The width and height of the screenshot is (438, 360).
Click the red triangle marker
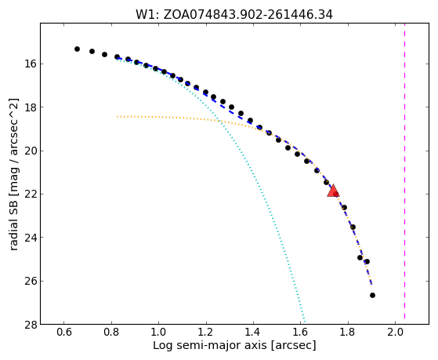click(333, 191)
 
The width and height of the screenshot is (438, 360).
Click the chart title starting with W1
click(234, 14)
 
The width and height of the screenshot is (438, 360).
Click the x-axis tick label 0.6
click(64, 333)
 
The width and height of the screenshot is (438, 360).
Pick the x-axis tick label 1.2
click(206, 333)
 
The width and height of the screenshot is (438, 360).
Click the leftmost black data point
click(77, 49)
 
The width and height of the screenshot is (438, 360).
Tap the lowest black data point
click(372, 295)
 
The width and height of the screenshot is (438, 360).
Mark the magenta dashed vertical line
click(404, 171)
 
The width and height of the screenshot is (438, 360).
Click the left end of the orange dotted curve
click(117, 116)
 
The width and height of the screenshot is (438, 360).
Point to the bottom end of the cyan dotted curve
click(305, 322)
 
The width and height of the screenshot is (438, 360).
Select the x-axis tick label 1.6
click(301, 333)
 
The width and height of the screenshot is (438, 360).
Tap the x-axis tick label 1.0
click(158, 333)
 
